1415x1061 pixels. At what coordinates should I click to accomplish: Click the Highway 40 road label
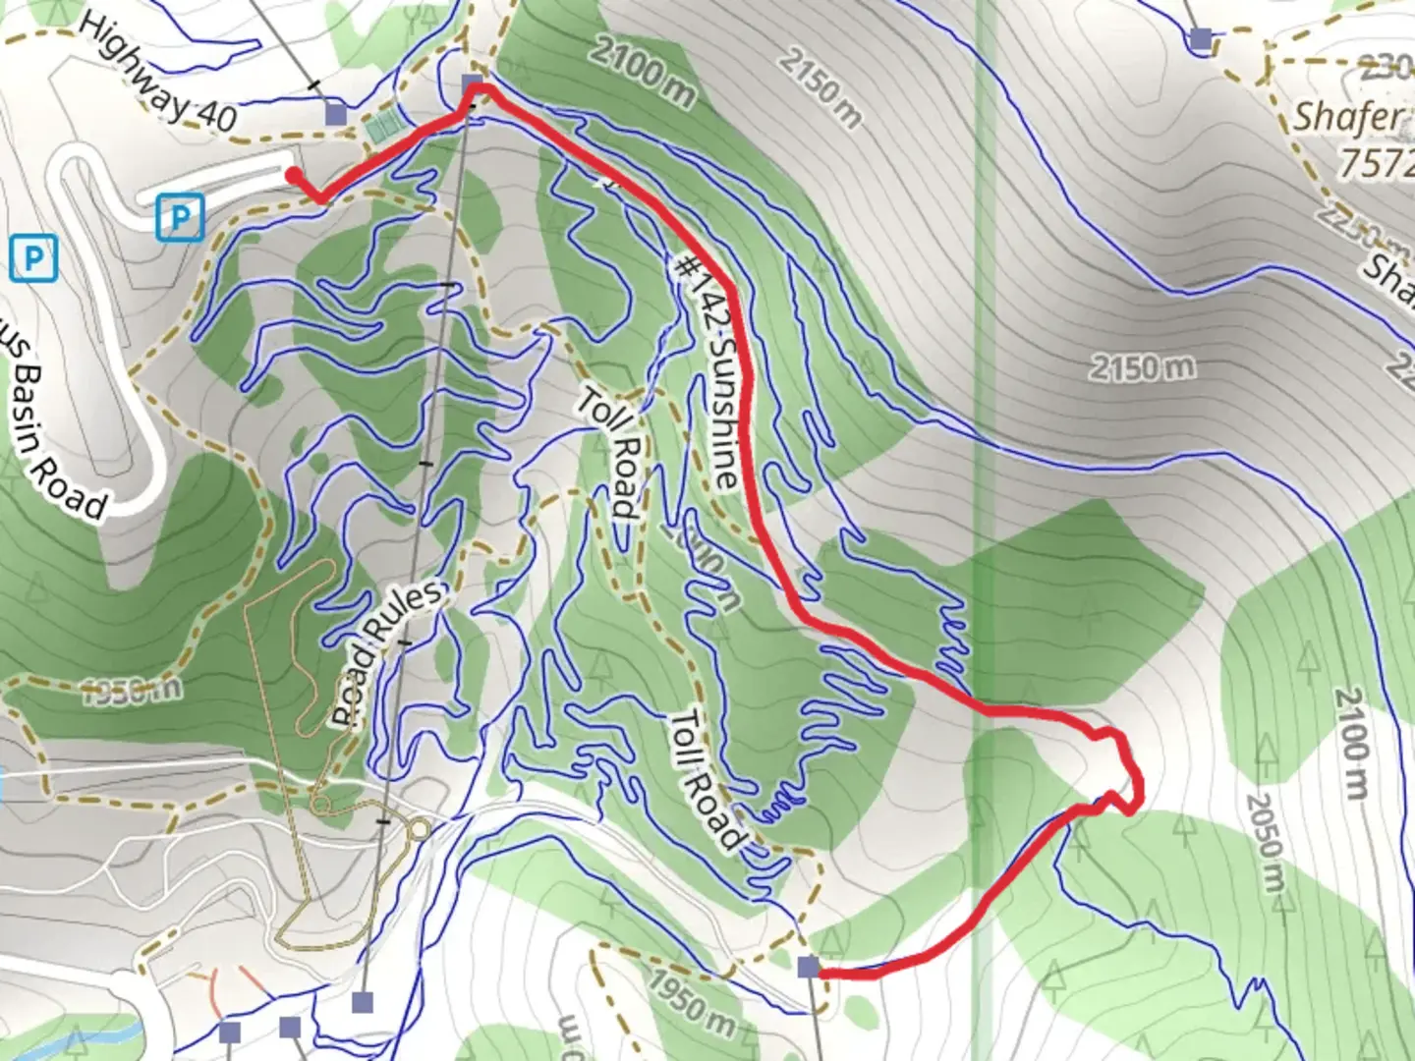pyautogui.click(x=157, y=74)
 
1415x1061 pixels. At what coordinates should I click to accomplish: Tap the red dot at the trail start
pyautogui.click(x=293, y=176)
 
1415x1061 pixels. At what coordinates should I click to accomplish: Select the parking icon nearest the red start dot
pyautogui.click(x=180, y=216)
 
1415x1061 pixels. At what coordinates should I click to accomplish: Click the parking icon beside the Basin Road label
pyautogui.click(x=33, y=259)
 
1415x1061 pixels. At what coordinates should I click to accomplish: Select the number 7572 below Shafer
pyautogui.click(x=1376, y=162)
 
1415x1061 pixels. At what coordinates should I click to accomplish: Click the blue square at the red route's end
pyautogui.click(x=808, y=968)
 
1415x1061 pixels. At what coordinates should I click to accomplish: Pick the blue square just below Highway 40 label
pyautogui.click(x=336, y=113)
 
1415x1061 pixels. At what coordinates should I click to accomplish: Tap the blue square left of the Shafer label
pyautogui.click(x=1200, y=39)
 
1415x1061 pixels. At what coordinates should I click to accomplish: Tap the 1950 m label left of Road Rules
pyautogui.click(x=131, y=690)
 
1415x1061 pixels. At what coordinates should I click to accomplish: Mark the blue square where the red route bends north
pyautogui.click(x=473, y=84)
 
